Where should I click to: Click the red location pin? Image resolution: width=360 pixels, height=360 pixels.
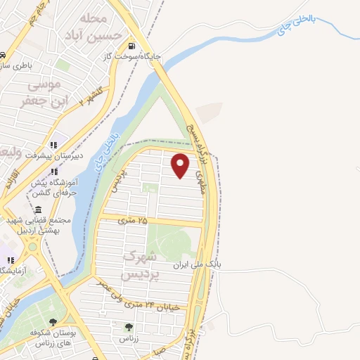click(x=181, y=165)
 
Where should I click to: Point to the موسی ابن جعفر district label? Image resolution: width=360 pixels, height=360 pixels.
click(x=50, y=92)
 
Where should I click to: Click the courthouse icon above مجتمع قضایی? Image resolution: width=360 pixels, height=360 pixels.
click(x=37, y=210)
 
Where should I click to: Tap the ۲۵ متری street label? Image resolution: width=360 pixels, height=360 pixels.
click(x=133, y=221)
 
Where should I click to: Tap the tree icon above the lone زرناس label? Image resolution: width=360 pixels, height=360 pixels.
click(x=129, y=327)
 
